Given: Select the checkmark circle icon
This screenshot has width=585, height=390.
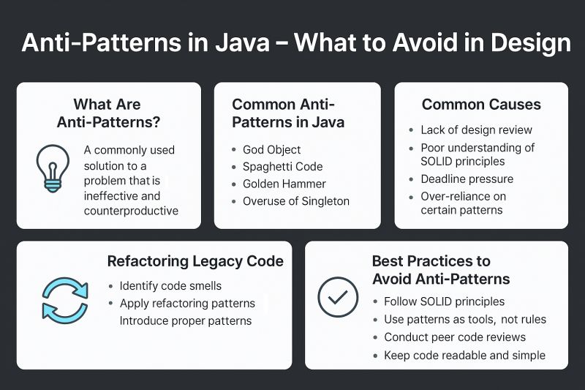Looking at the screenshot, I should (x=338, y=299).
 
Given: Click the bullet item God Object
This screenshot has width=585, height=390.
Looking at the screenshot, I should (x=272, y=149).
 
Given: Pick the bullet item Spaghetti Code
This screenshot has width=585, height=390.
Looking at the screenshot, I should (x=282, y=166).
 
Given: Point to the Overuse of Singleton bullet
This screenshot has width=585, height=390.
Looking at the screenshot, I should (x=295, y=201).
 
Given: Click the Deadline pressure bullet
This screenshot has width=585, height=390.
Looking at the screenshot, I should (x=467, y=179).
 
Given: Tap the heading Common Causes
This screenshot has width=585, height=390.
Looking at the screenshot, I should (x=481, y=104).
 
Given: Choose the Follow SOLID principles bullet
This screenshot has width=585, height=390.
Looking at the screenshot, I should (x=444, y=301).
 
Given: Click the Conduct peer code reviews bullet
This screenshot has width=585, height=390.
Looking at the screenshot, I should (x=454, y=337).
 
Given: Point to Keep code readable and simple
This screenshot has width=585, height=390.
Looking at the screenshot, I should (x=464, y=355).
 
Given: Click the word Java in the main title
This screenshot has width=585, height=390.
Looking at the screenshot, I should (x=239, y=42).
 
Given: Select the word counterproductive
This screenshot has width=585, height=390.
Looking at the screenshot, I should (x=131, y=211).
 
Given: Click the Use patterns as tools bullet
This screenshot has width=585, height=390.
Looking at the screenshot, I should (x=465, y=319).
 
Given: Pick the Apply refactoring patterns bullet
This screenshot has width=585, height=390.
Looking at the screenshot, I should (x=187, y=303).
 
